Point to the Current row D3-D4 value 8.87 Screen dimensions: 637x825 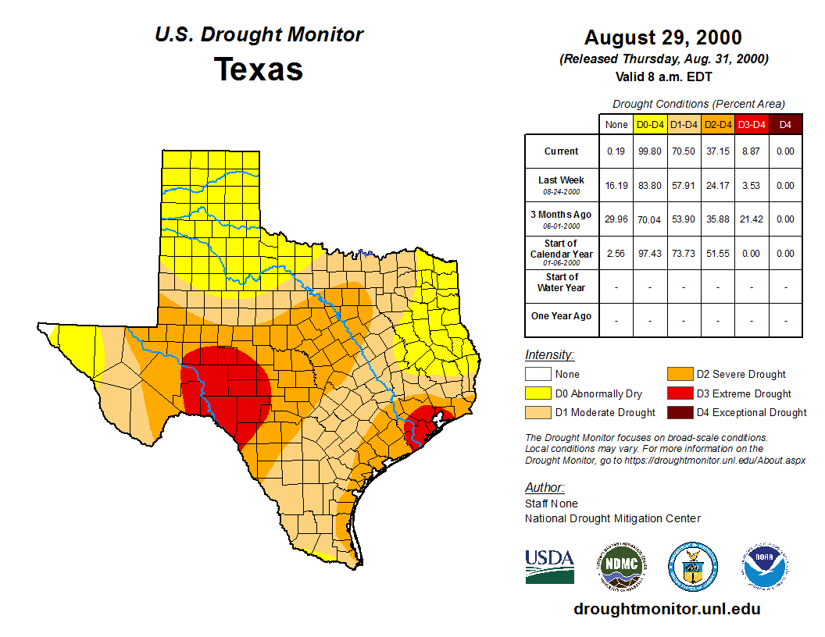(751, 151)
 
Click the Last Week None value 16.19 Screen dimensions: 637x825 (616, 186)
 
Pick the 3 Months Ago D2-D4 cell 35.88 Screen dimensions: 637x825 (717, 219)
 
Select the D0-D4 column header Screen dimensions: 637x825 (650, 124)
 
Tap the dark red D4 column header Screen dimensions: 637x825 (785, 124)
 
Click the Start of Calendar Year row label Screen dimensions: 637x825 (562, 253)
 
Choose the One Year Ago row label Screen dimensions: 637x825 (562, 316)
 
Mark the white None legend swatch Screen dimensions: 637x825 (539, 375)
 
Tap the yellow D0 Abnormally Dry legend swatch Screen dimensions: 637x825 (539, 393)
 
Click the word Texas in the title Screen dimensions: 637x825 (259, 69)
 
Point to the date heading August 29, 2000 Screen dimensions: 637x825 (663, 37)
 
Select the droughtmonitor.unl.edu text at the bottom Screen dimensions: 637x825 (666, 609)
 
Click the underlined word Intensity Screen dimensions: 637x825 (549, 355)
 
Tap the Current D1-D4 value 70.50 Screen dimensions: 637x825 (684, 151)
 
